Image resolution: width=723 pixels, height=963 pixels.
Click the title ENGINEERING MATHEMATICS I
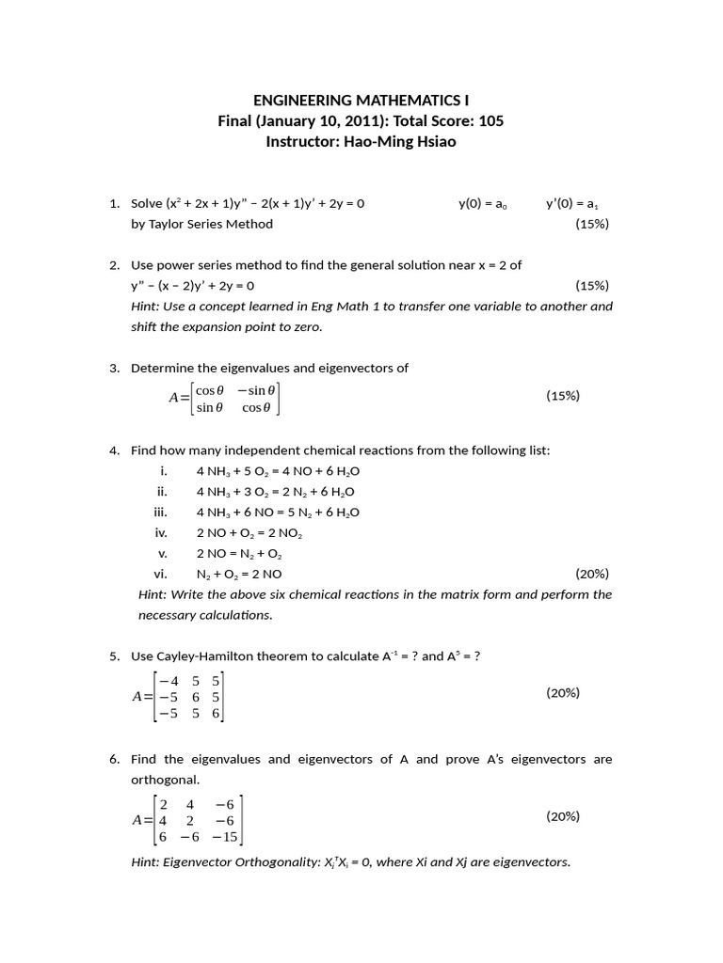pos(361,100)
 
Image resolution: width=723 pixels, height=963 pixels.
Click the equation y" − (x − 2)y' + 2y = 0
pos(193,286)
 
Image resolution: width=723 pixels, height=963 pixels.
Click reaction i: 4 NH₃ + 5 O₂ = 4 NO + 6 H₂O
pos(278,471)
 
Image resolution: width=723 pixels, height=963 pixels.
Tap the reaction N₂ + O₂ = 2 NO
pos(238,574)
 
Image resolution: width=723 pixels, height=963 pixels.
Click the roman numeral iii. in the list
pos(160,513)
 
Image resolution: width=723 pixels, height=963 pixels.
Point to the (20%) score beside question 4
pos(591,574)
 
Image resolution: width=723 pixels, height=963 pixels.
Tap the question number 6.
pos(114,759)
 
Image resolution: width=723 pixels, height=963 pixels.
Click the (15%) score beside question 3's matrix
pos(563,396)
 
